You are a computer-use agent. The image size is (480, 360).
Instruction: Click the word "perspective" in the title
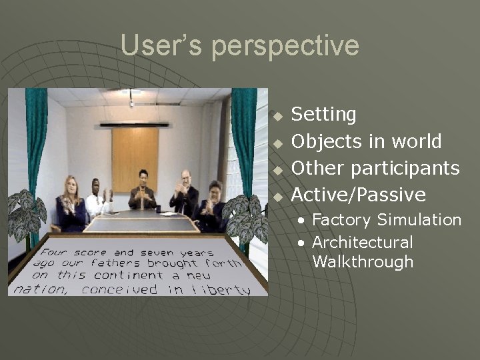286,46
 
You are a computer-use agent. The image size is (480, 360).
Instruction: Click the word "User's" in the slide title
161,46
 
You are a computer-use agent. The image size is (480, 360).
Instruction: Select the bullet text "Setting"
324,115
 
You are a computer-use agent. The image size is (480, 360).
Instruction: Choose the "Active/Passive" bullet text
359,195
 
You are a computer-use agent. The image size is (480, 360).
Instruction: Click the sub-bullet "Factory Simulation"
387,220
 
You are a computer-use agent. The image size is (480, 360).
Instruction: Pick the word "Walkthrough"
363,261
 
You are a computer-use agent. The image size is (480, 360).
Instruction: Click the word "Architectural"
363,242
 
